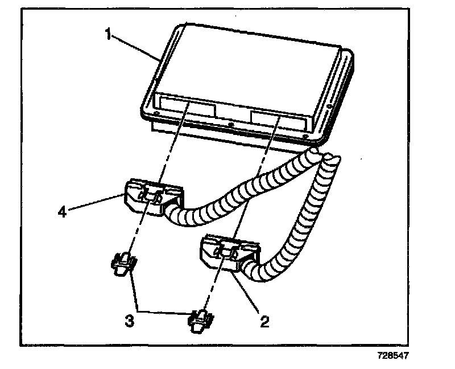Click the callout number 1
107,34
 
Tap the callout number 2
264,321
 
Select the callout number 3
130,321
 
